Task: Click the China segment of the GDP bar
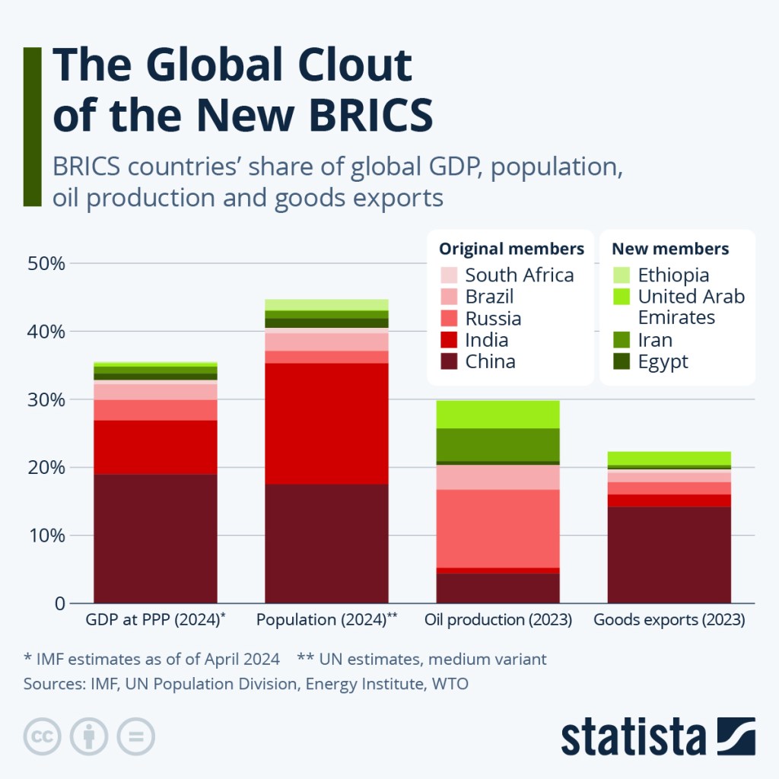pyautogui.click(x=155, y=539)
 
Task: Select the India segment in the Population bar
pyautogui.click(x=326, y=423)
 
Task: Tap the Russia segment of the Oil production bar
pyautogui.click(x=498, y=528)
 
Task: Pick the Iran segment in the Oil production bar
pyautogui.click(x=498, y=444)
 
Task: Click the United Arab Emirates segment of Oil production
pyautogui.click(x=498, y=414)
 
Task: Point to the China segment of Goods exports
pyautogui.click(x=669, y=555)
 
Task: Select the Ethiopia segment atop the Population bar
pyautogui.click(x=326, y=304)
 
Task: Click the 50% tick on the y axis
pyautogui.click(x=47, y=264)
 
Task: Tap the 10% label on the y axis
pyautogui.click(x=47, y=536)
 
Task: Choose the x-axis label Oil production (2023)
pyautogui.click(x=498, y=620)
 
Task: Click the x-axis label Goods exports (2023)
pyautogui.click(x=669, y=620)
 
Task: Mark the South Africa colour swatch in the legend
pyautogui.click(x=449, y=275)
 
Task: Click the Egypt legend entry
pyautogui.click(x=663, y=362)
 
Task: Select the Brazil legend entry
pyautogui.click(x=489, y=297)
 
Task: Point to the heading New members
pyautogui.click(x=670, y=249)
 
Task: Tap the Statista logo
pyautogui.click(x=658, y=736)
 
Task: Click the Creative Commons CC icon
pyautogui.click(x=43, y=736)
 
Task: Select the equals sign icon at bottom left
pyautogui.click(x=135, y=736)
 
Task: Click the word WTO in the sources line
pyautogui.click(x=450, y=684)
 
